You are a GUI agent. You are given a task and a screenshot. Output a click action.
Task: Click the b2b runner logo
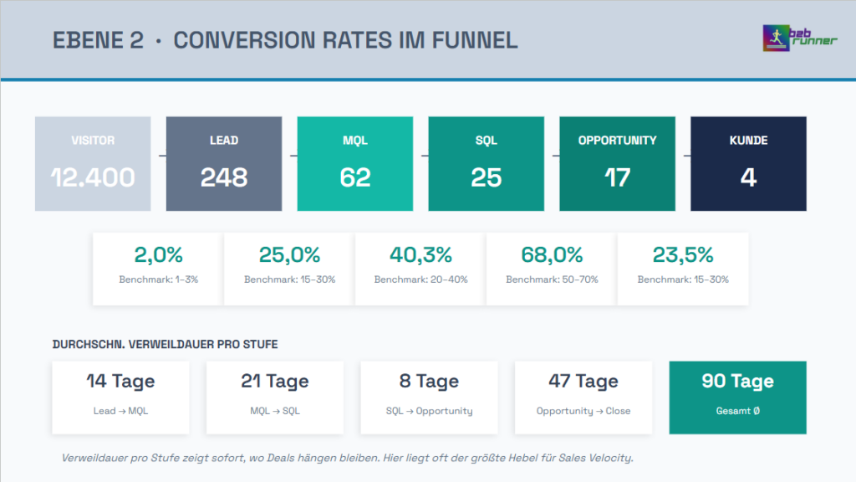(799, 38)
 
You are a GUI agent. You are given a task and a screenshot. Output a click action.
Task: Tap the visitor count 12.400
(93, 177)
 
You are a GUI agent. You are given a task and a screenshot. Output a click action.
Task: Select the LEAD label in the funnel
(224, 141)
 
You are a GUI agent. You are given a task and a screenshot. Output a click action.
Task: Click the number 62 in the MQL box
(355, 177)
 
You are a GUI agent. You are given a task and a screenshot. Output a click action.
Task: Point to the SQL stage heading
(487, 141)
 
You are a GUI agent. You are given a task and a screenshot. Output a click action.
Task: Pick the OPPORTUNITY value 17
(618, 177)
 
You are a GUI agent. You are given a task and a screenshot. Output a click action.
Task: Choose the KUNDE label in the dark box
(748, 141)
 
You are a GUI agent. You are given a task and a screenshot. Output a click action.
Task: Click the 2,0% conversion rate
(158, 255)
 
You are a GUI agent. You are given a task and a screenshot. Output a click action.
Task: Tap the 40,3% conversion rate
(420, 255)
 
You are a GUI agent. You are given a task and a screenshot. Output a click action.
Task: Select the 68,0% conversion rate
(552, 255)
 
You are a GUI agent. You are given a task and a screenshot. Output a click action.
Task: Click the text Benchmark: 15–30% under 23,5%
(683, 279)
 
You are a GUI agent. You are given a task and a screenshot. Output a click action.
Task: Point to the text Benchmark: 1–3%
(158, 279)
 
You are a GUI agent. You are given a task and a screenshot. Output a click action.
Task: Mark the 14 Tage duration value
(121, 382)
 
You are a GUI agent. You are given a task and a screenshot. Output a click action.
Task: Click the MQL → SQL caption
(275, 411)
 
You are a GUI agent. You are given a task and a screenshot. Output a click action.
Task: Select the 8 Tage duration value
(429, 382)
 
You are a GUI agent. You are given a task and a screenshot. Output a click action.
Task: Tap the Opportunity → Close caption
(583, 411)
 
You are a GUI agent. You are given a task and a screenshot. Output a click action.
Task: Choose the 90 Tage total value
(738, 382)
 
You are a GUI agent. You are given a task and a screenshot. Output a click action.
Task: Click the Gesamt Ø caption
(738, 411)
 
